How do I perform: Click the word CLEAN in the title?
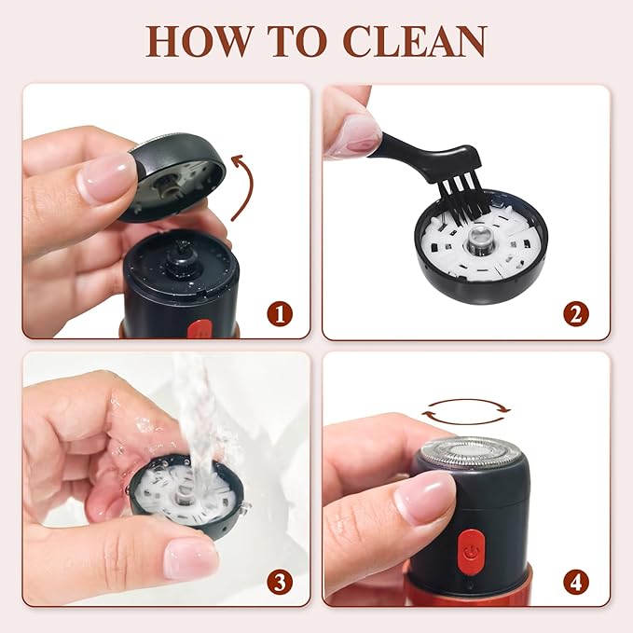point(415,42)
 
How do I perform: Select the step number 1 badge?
point(280,313)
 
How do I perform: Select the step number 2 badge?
point(576,313)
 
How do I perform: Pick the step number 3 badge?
point(280,582)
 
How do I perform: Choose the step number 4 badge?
point(576,582)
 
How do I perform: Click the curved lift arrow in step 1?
point(250,184)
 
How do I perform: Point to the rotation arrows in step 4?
point(465,411)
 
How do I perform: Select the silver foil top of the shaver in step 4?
point(470,452)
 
